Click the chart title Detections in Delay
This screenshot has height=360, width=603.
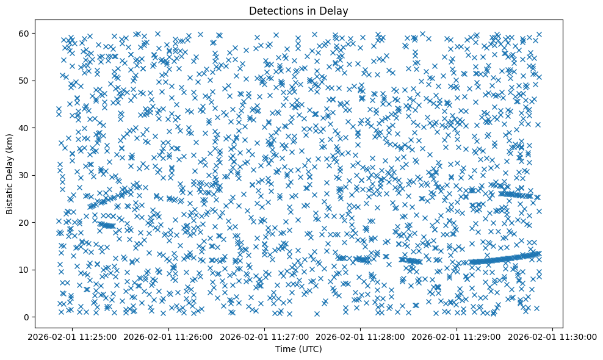298,10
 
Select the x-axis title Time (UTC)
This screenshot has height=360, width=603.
298,350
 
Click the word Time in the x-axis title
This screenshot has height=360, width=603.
285,350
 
